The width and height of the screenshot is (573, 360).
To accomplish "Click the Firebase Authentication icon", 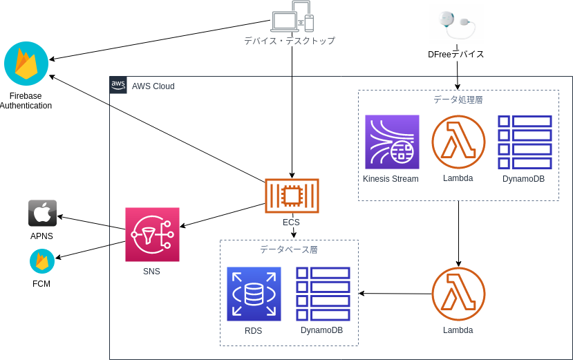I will pos(26,64).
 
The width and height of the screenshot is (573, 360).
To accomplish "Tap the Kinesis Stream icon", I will pos(392,142).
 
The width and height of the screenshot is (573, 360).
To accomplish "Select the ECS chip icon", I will pos(292,196).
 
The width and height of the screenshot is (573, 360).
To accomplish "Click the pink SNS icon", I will pos(152,234).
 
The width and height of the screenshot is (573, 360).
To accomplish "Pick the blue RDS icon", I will pos(254,294).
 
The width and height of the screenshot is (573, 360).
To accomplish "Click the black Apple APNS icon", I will pos(42,213).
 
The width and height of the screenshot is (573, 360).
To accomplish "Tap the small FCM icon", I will pos(42,262).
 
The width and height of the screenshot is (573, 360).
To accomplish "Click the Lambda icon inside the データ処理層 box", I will pos(458,142).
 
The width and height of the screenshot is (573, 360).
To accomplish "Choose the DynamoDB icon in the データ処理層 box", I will pos(525,142).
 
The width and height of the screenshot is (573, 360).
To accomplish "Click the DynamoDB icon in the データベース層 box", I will pos(323,294).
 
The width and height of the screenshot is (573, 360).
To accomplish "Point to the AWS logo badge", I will pos(118,85).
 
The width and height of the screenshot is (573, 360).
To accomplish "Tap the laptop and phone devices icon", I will pos(292,17).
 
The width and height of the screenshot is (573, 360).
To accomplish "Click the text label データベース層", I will pos(288,249).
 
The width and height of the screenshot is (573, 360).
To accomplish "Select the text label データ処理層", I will pos(458,100).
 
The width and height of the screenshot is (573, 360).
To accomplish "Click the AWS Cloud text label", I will pos(153,86).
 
